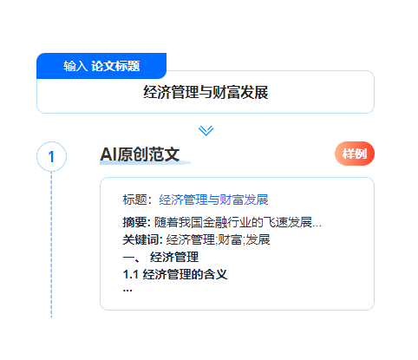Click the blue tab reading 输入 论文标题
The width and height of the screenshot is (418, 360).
(101, 66)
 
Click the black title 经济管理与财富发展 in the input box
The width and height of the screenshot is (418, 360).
(206, 92)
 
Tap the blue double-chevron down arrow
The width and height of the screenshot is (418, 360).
(206, 130)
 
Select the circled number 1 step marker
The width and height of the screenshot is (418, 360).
(51, 156)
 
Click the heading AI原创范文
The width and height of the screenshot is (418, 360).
(140, 154)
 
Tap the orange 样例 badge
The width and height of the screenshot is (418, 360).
(355, 154)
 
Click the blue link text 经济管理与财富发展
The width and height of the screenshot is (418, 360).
(213, 200)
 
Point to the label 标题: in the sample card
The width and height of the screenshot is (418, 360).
(137, 200)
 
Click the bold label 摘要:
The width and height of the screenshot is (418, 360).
(136, 222)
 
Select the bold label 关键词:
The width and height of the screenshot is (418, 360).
(142, 239)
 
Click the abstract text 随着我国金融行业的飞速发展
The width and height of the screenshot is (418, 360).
(233, 222)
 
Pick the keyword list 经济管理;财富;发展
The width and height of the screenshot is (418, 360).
(218, 239)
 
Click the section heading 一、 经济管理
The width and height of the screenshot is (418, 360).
(160, 257)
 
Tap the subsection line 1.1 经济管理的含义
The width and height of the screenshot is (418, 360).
(175, 274)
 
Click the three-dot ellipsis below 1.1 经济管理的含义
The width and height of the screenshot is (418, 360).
(127, 290)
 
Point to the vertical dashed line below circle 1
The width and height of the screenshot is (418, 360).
(51, 245)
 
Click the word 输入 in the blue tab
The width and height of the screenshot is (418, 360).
(75, 66)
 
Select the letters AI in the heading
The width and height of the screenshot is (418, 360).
(108, 154)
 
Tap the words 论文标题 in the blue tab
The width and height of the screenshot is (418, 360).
(115, 66)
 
